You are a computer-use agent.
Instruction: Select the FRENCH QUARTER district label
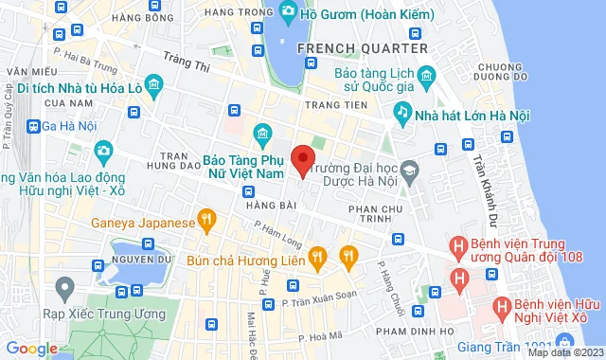(x=363, y=47)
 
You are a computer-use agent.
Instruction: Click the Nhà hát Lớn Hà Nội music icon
(x=402, y=113)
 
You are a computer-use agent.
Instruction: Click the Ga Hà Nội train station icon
(x=34, y=126)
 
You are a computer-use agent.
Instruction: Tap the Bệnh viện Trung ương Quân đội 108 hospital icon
(x=459, y=248)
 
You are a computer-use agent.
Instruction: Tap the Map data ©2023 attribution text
(x=565, y=352)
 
